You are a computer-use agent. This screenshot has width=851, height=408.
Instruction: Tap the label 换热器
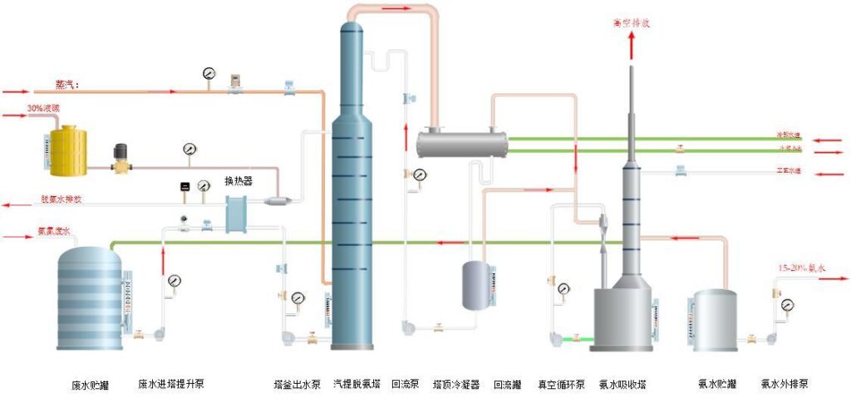coord(238,180)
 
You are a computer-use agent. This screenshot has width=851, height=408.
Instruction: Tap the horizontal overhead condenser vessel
coord(461,143)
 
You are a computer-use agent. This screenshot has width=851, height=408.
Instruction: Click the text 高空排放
coord(632,23)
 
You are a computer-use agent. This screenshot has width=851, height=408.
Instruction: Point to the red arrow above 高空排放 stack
coord(632,47)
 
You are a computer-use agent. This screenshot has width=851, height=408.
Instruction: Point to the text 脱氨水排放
coord(61,200)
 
